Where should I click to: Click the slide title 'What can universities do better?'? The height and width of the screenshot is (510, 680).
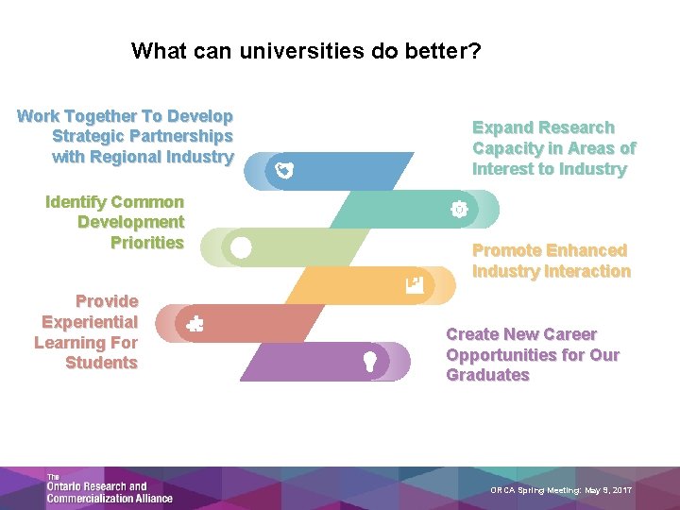pos(306,50)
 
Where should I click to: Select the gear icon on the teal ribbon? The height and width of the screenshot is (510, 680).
pos(459,210)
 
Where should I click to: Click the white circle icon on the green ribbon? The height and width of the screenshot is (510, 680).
pos(241,247)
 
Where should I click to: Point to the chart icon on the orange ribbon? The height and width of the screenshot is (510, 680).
pos(414,283)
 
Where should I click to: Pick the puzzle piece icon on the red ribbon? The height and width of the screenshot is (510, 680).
pos(195,323)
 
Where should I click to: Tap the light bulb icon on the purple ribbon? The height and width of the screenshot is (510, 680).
pos(371,361)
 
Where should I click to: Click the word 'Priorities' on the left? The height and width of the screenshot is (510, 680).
pos(146,243)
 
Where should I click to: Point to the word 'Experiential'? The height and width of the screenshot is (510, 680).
pos(90,322)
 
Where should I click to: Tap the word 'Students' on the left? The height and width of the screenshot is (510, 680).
pos(101,364)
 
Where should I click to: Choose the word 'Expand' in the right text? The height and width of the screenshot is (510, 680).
pos(501,127)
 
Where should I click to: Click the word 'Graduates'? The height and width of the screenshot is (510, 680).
pos(487,375)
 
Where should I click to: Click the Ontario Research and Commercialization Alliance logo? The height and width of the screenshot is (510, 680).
pos(108,487)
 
